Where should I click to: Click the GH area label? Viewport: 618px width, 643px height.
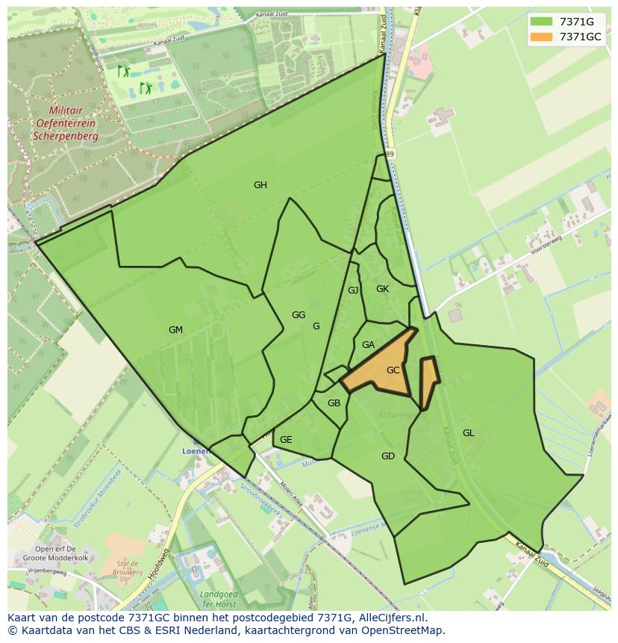click(x=260, y=185)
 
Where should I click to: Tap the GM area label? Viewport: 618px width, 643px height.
click(x=175, y=330)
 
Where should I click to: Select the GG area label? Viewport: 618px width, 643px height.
click(x=299, y=315)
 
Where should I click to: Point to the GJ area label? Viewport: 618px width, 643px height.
click(x=353, y=291)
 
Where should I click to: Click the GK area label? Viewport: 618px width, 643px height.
click(x=382, y=289)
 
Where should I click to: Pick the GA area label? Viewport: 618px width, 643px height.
click(x=368, y=345)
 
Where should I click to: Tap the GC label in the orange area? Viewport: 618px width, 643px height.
click(x=393, y=370)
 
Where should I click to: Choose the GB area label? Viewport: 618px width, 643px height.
click(x=334, y=403)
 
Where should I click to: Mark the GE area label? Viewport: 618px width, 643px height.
click(x=286, y=440)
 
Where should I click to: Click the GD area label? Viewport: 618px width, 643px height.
click(x=388, y=456)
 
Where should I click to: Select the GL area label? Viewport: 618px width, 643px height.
click(x=468, y=433)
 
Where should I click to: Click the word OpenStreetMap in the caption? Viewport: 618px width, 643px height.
click(x=404, y=630)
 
